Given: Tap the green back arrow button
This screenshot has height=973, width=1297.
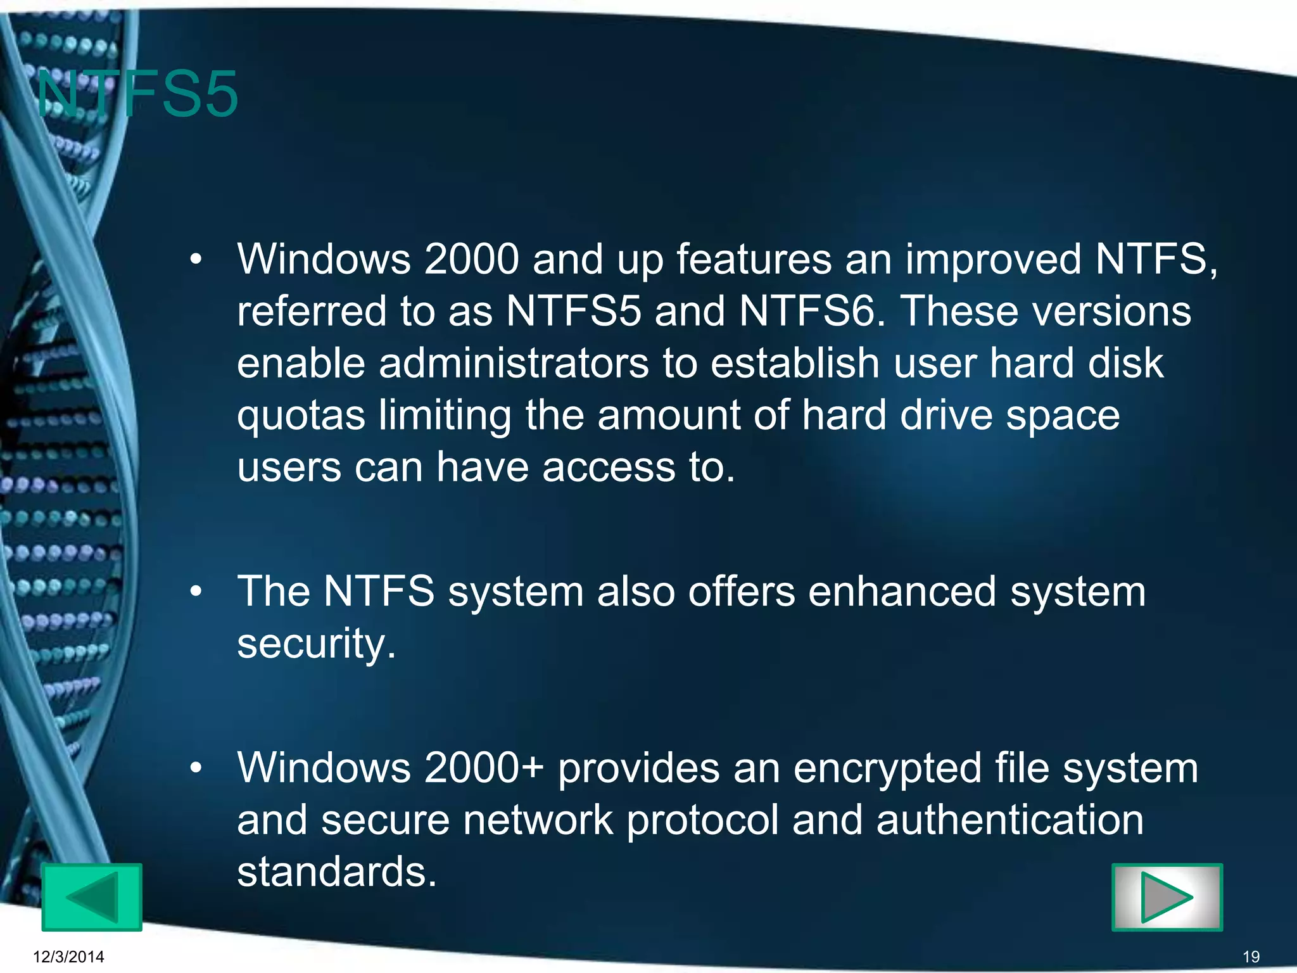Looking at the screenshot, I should [x=92, y=897].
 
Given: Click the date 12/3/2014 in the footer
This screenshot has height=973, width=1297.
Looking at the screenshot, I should [x=68, y=957].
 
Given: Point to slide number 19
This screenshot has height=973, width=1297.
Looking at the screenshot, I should [x=1251, y=957].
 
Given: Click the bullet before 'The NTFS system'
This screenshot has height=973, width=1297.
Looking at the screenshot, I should [x=196, y=592].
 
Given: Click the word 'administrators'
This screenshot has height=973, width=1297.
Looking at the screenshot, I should [x=514, y=364].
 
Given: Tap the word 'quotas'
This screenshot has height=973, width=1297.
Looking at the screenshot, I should [x=301, y=416].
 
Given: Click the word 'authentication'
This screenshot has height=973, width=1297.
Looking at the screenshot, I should [x=1009, y=820].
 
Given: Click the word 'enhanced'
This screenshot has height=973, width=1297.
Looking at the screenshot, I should [x=902, y=592].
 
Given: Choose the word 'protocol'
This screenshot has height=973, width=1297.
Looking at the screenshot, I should [x=702, y=820].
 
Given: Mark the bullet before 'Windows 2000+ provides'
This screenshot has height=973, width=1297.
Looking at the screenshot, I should [x=196, y=768].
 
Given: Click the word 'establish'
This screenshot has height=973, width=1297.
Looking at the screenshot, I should [x=794, y=364].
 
